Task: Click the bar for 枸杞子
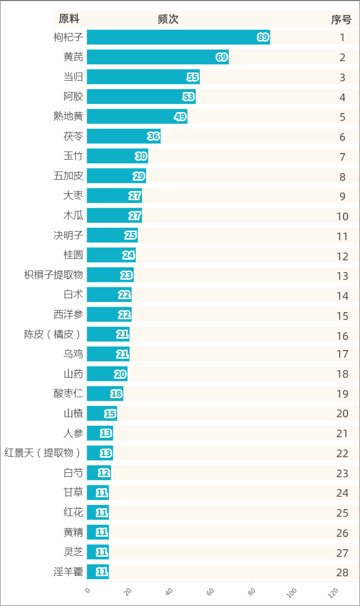(x=178, y=37)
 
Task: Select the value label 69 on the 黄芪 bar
(x=221, y=57)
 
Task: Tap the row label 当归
(x=73, y=77)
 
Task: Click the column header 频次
(x=168, y=19)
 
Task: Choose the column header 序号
(x=342, y=19)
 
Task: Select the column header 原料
(x=69, y=19)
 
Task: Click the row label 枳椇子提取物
(x=54, y=275)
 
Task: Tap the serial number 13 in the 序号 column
(x=342, y=276)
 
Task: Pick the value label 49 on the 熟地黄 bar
(x=180, y=117)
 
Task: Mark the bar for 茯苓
(x=123, y=136)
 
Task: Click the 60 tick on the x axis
(x=210, y=591)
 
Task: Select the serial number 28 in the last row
(x=342, y=573)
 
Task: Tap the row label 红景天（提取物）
(x=44, y=453)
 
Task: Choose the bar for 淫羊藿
(x=97, y=572)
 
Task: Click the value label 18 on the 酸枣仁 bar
(x=116, y=394)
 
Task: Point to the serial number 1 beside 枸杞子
(x=342, y=38)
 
